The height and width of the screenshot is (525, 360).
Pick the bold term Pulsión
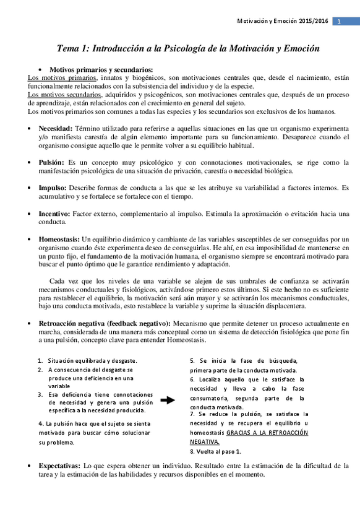[51, 162]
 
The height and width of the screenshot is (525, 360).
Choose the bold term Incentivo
[54, 214]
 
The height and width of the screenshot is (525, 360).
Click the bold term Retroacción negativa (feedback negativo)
[105, 323]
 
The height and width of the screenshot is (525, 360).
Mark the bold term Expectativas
[59, 464]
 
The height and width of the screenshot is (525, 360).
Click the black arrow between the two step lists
[167, 401]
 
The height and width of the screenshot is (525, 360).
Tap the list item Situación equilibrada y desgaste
[92, 360]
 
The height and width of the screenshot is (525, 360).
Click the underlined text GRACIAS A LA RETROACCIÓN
[267, 433]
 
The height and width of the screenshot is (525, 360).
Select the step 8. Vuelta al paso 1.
[215, 451]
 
